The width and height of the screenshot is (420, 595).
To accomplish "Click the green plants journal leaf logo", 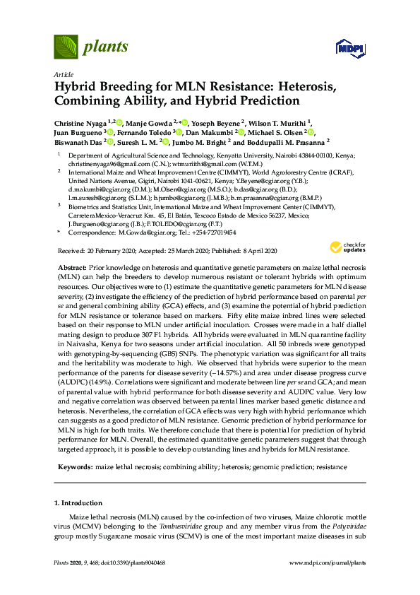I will point(65,47).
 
